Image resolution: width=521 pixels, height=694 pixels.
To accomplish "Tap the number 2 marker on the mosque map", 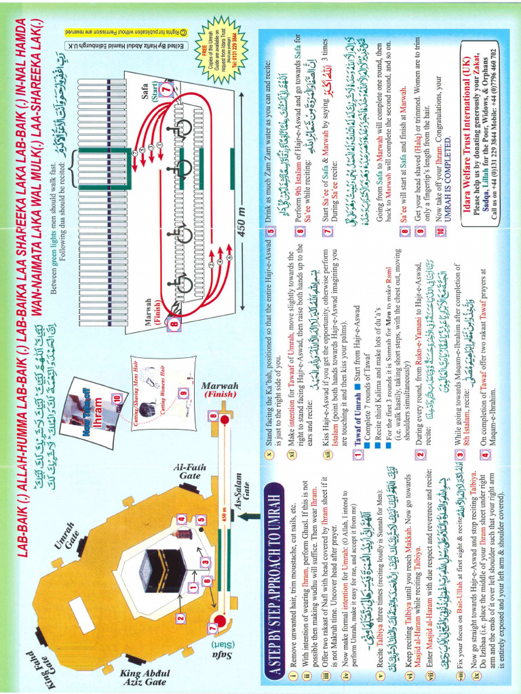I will pyautogui.click(x=180, y=617).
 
